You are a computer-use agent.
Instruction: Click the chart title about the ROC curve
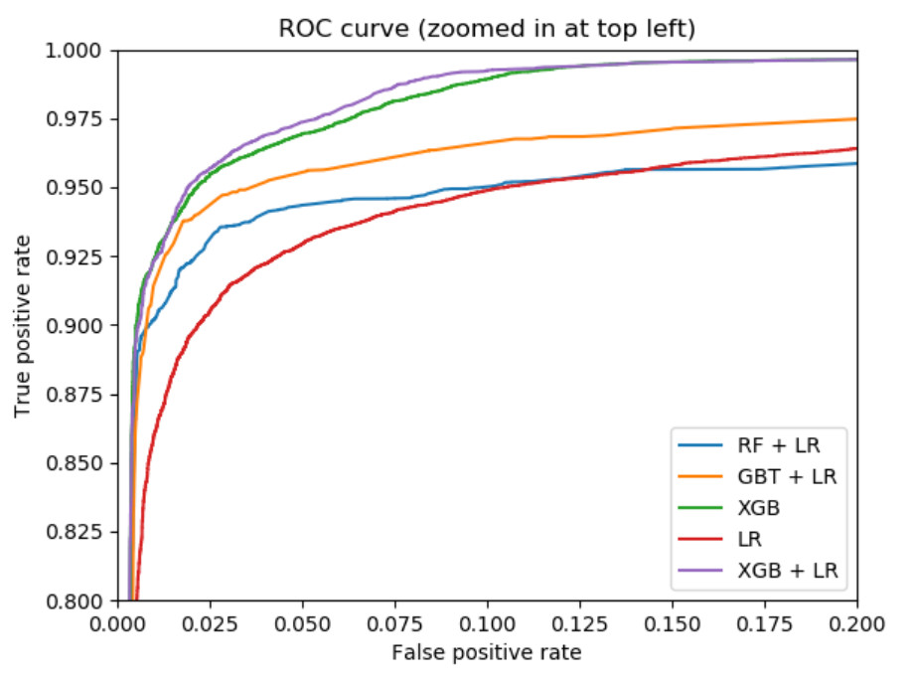(487, 30)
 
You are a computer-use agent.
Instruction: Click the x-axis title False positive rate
(487, 653)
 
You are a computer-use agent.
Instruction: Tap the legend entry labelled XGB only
(759, 508)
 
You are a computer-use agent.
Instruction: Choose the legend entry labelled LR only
(752, 539)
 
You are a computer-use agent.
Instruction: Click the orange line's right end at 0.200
(855, 119)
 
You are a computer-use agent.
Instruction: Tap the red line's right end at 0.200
(855, 148)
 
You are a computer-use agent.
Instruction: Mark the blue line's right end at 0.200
(855, 164)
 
